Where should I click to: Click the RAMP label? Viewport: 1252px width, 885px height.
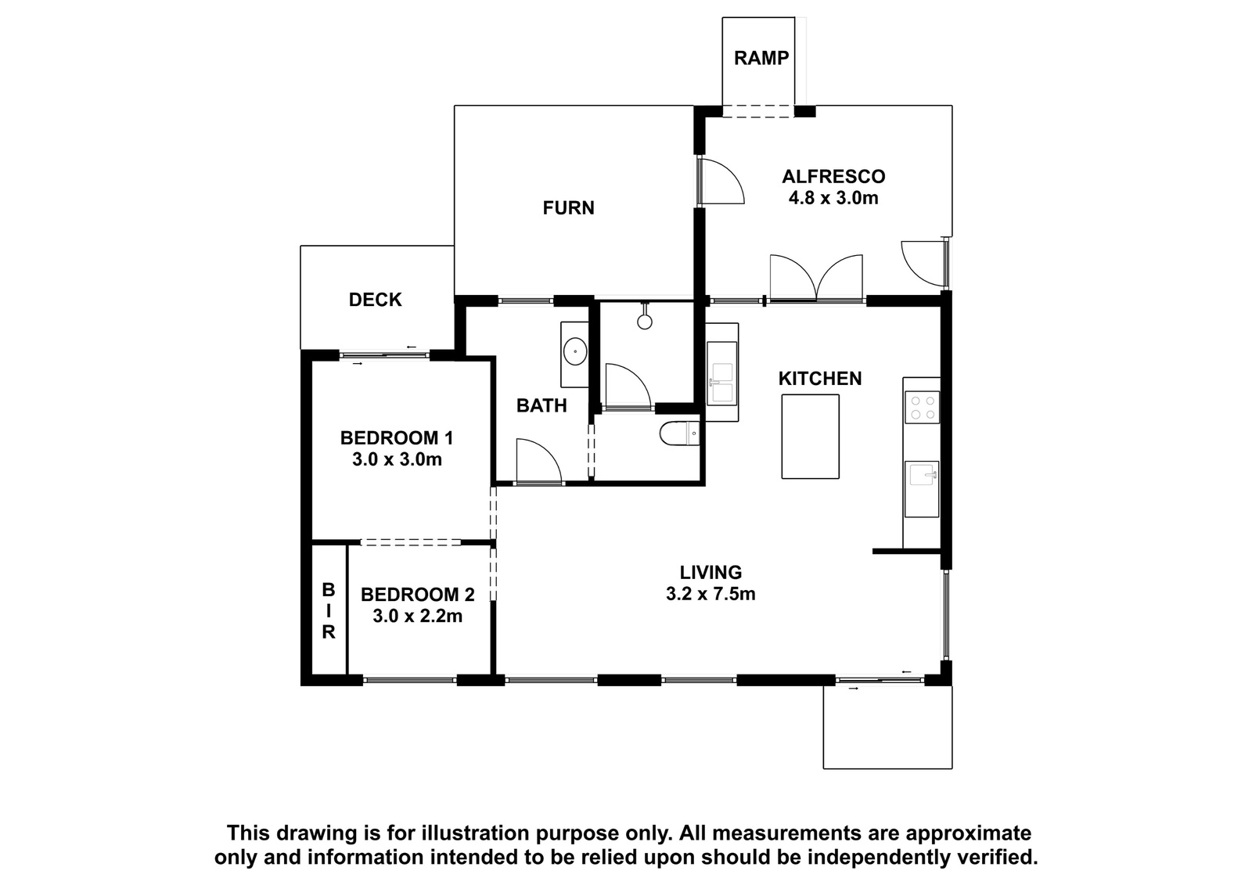click(x=761, y=58)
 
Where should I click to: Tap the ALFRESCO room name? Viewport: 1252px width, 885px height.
click(x=833, y=177)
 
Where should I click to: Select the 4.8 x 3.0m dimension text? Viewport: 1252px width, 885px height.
click(x=833, y=198)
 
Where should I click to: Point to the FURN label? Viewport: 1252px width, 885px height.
click(x=568, y=208)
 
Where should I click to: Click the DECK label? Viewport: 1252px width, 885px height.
click(x=375, y=300)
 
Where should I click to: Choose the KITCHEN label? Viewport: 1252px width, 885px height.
click(x=820, y=379)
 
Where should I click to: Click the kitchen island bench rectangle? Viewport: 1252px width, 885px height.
click(x=810, y=437)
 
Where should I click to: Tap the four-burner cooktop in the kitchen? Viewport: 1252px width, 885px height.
click(x=923, y=408)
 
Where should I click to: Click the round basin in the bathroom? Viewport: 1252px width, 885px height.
click(x=574, y=352)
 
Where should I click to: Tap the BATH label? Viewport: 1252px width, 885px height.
click(x=541, y=405)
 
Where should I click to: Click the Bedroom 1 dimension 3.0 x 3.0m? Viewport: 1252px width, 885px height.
click(x=397, y=459)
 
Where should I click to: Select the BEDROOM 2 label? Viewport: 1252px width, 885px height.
click(x=418, y=594)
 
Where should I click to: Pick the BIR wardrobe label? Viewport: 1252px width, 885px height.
click(x=329, y=610)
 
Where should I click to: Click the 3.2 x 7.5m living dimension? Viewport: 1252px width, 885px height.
click(x=711, y=593)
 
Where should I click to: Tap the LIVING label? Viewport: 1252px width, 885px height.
click(x=711, y=572)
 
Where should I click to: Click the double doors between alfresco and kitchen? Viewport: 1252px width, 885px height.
click(x=817, y=278)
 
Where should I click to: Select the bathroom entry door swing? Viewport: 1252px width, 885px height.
click(x=538, y=461)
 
